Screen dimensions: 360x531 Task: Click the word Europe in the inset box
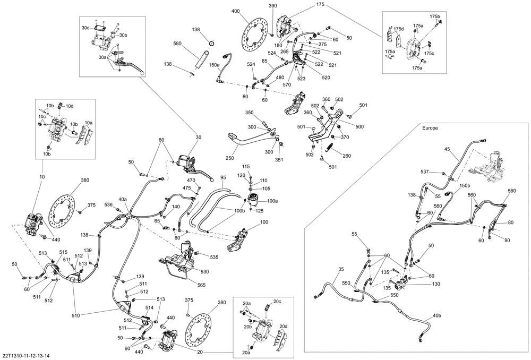click(430, 129)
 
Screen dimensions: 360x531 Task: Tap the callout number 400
click(235, 11)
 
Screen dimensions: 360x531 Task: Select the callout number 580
click(178, 44)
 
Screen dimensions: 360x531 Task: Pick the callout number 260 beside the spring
click(347, 156)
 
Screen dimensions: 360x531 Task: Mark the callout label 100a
click(272, 201)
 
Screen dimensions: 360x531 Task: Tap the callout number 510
click(76, 316)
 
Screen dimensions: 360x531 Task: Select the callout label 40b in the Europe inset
click(436, 315)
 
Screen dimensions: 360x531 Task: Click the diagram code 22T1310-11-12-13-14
click(26, 355)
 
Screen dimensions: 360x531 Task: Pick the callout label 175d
click(398, 28)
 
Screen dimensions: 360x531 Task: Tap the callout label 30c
click(85, 28)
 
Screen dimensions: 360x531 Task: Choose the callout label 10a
click(88, 122)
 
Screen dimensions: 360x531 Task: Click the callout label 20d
click(284, 326)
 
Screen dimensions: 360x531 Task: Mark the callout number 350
click(249, 113)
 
